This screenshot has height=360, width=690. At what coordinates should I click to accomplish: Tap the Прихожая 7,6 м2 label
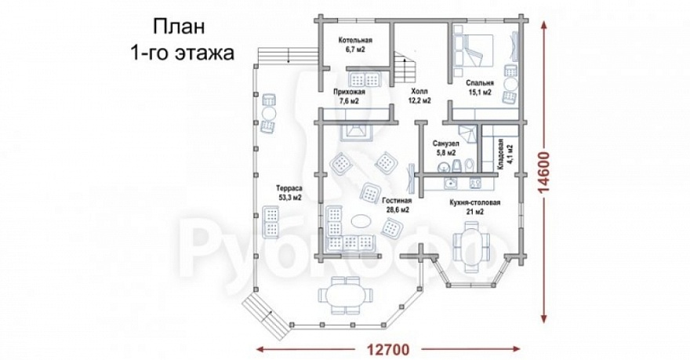[x=349, y=96]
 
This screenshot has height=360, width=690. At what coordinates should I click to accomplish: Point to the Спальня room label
[x=478, y=87]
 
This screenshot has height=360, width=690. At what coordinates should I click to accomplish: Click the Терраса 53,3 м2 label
[x=287, y=193]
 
